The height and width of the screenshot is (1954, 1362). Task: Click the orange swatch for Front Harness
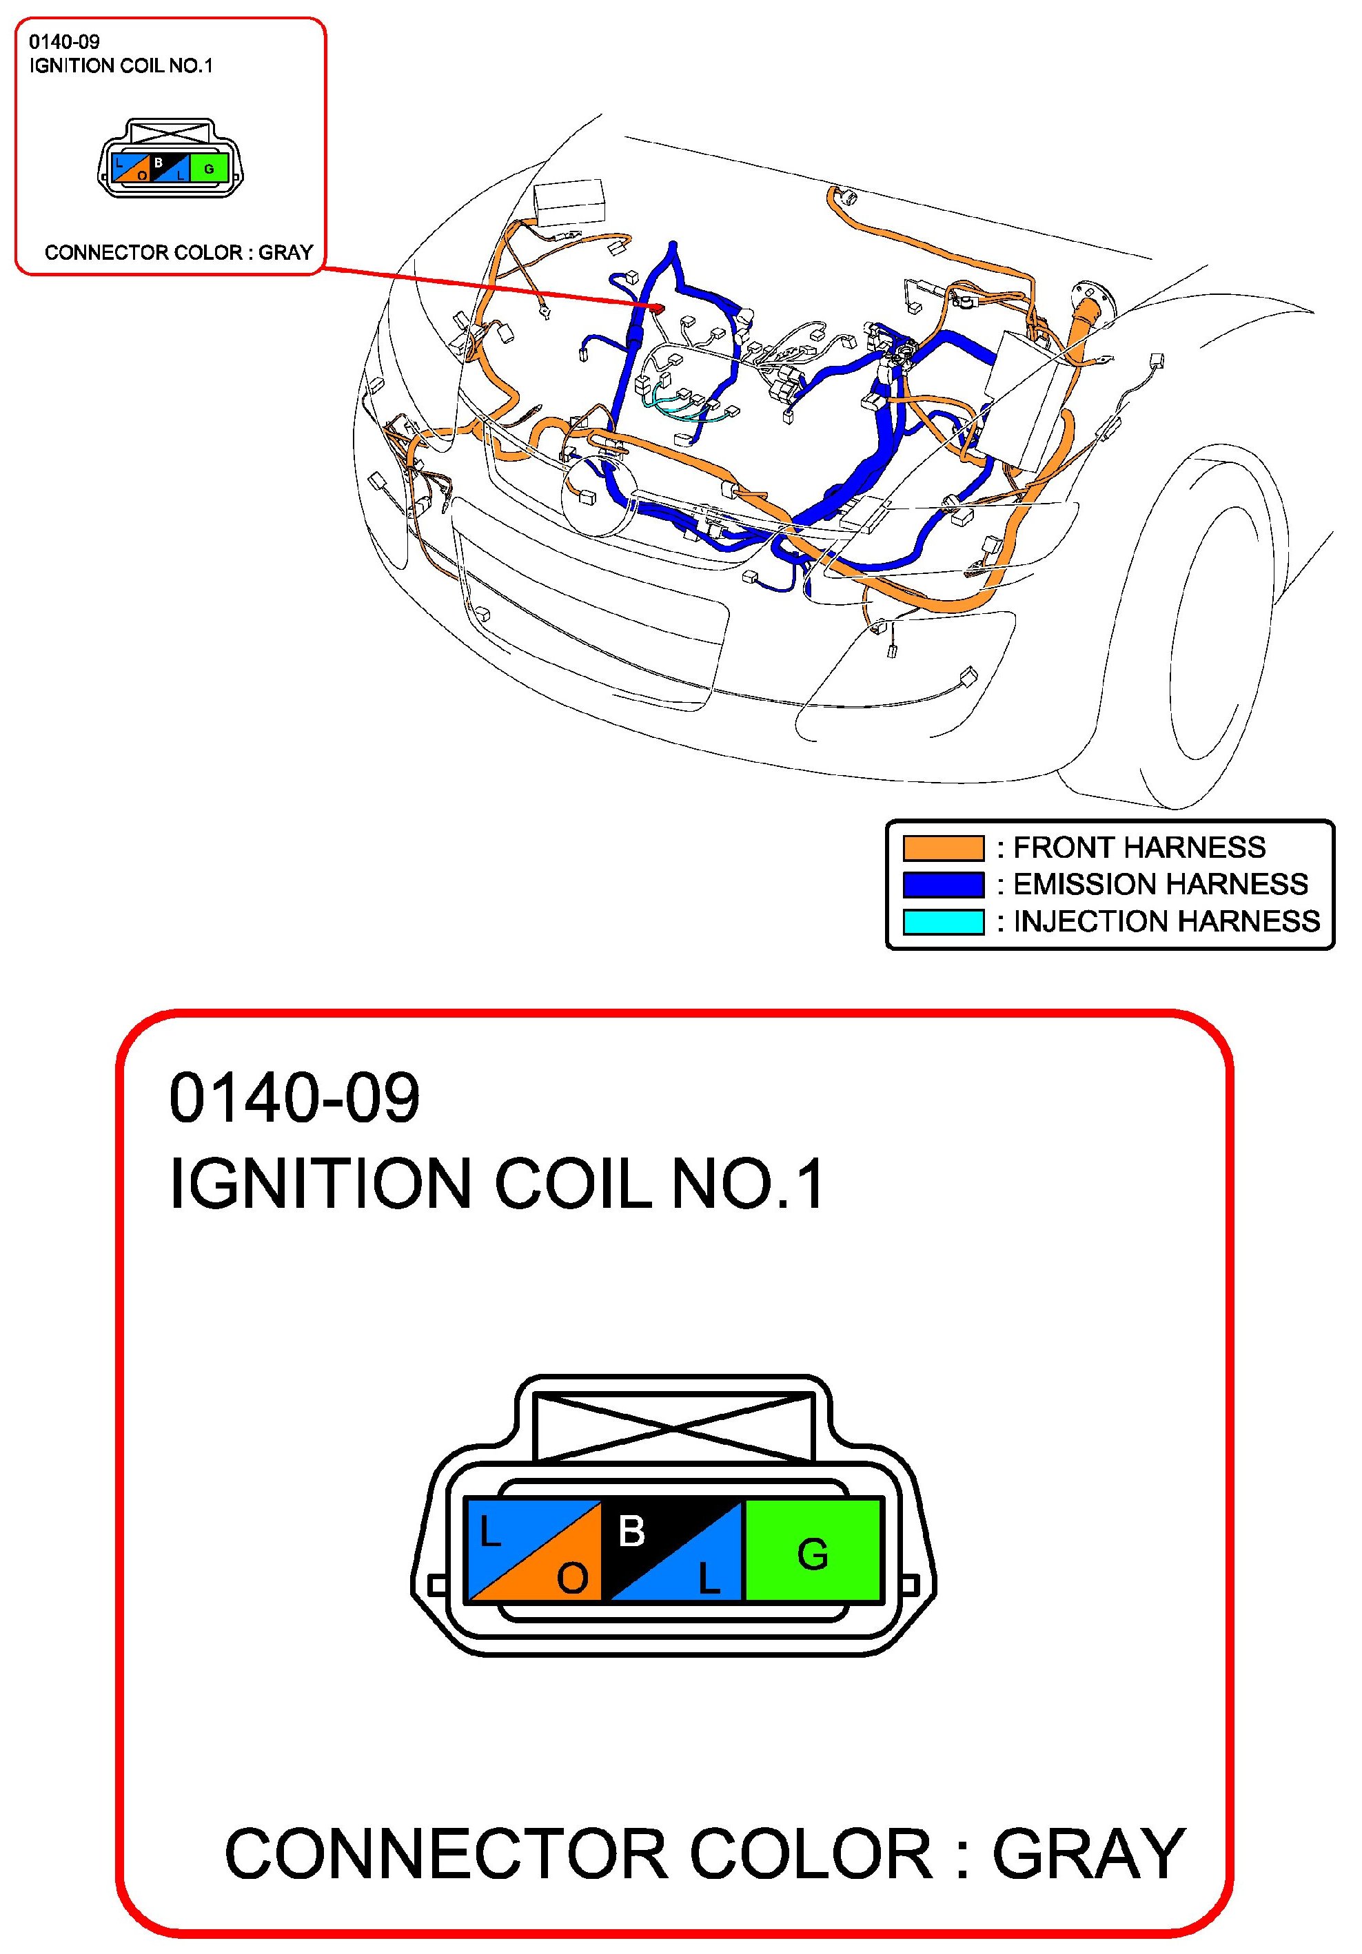point(942,847)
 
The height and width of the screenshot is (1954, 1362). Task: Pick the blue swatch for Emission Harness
point(942,884)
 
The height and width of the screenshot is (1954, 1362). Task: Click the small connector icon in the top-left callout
point(170,159)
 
